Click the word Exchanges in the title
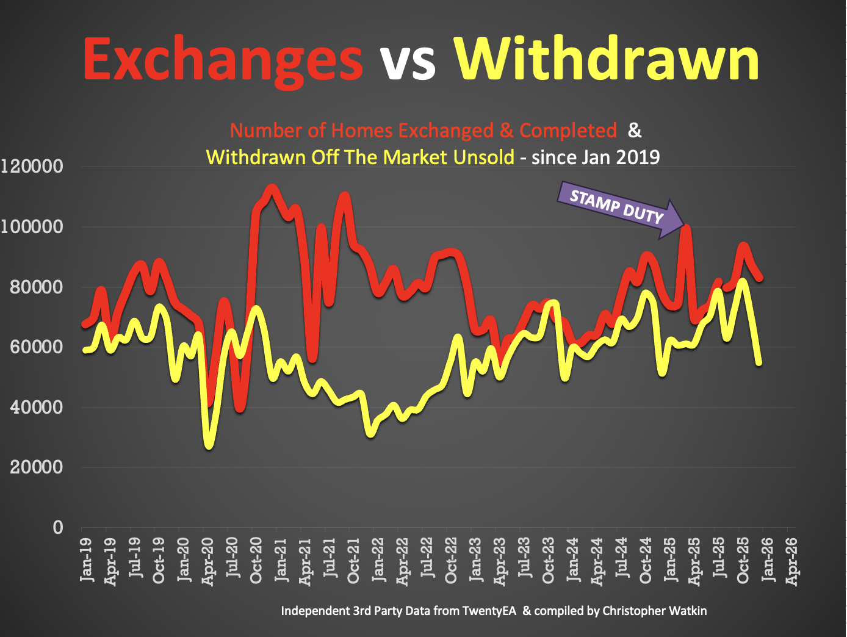[x=223, y=60]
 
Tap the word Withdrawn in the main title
[x=607, y=60]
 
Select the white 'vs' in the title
[x=408, y=61]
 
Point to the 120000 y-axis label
[x=32, y=166]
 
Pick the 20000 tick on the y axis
[x=36, y=467]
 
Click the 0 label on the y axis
[x=58, y=527]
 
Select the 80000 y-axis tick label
[x=36, y=287]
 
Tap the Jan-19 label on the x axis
[x=86, y=559]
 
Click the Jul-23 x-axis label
[x=524, y=559]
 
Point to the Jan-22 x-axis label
[x=378, y=559]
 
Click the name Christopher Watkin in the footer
[x=654, y=611]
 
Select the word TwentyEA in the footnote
[x=489, y=611]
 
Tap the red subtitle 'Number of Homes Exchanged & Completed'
[x=423, y=131]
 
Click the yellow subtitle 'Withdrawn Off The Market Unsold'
[x=360, y=157]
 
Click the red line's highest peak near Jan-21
[x=272, y=190]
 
